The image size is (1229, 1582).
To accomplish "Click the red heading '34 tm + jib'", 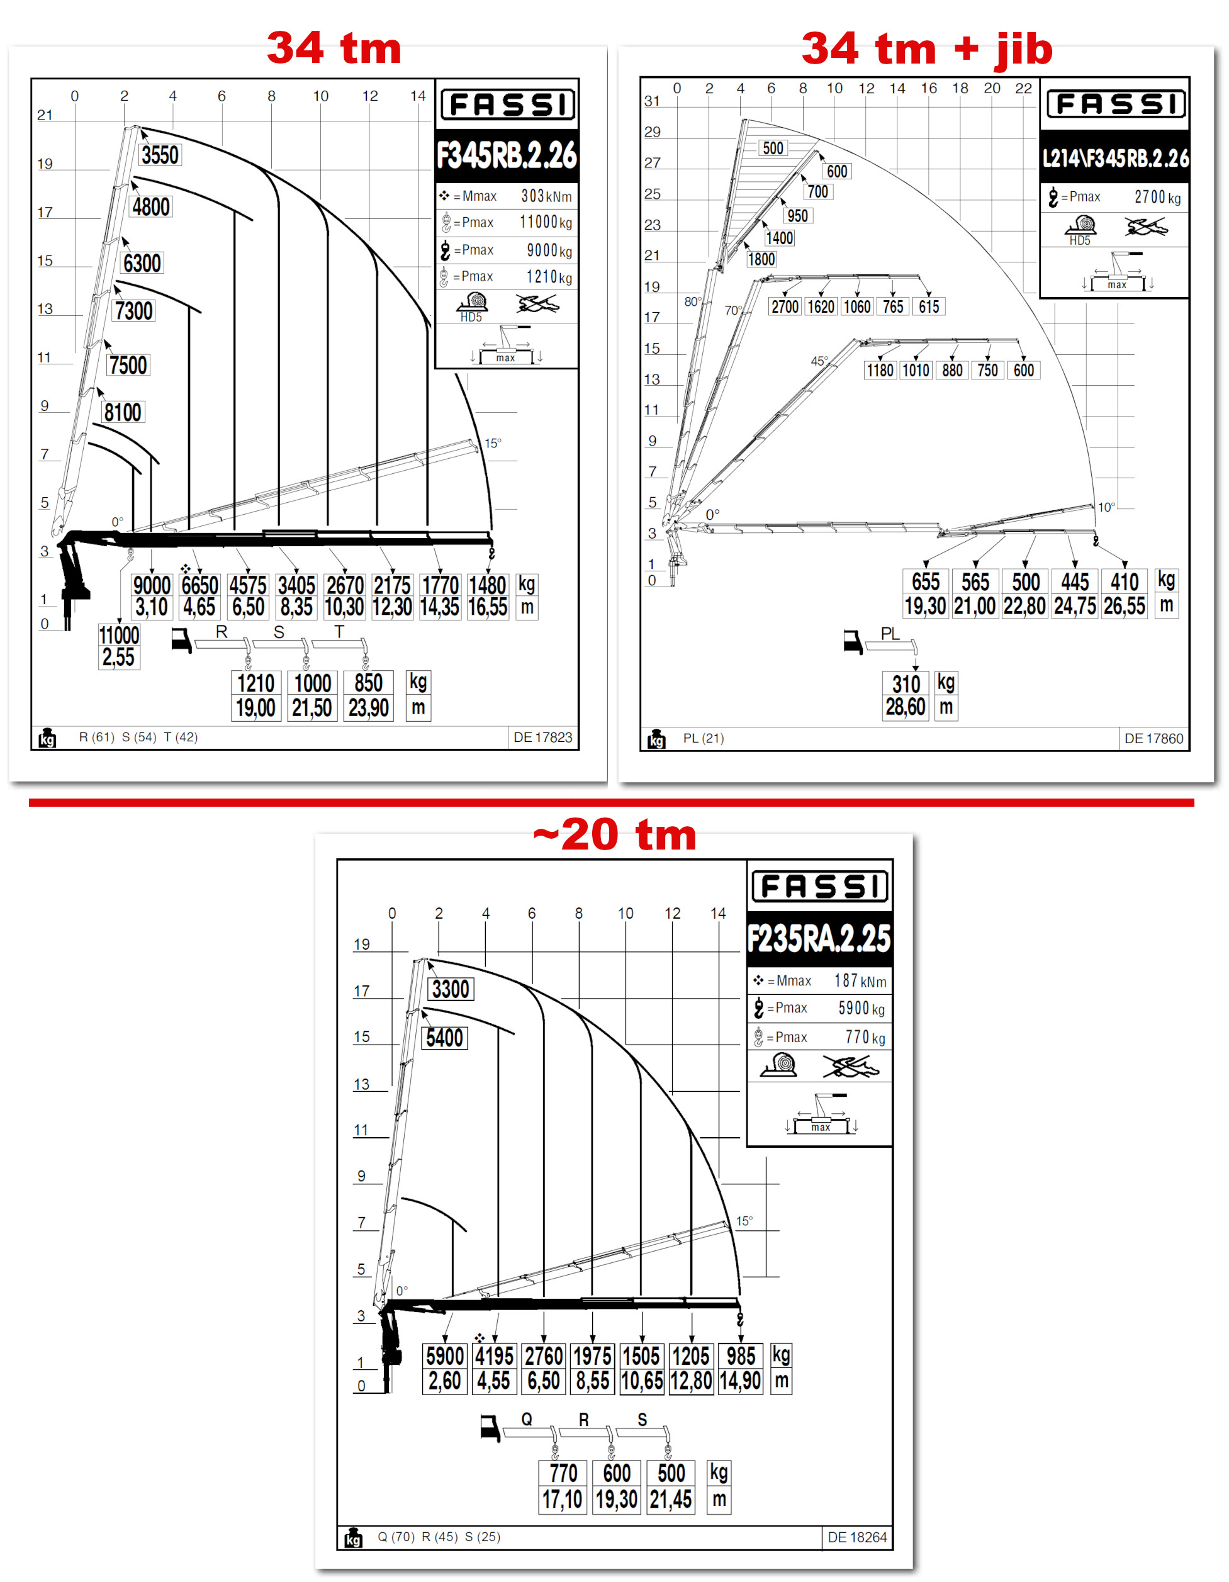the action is coord(926,49).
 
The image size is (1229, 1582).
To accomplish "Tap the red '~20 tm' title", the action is coord(614,834).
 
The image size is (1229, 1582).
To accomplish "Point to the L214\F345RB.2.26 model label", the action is coord(1115,158).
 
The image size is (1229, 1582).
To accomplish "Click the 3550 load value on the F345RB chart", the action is coord(160,155).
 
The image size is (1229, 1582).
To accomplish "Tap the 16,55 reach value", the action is coord(488,607).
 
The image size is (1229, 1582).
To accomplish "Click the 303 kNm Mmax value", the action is coord(546,196).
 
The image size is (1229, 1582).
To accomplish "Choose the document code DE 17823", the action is coord(542,738).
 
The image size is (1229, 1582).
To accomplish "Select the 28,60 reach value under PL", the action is coord(906,707).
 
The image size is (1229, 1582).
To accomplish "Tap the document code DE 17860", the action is coord(1153,739).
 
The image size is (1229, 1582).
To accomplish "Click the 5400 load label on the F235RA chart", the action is coord(445,1038).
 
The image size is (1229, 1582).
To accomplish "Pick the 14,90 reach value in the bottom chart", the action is coord(740,1381).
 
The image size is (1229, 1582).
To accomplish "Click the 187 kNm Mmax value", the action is coord(860,981).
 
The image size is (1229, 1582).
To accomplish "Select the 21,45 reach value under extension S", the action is coord(671,1500).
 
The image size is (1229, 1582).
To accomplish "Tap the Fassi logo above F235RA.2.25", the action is coord(820,887).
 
